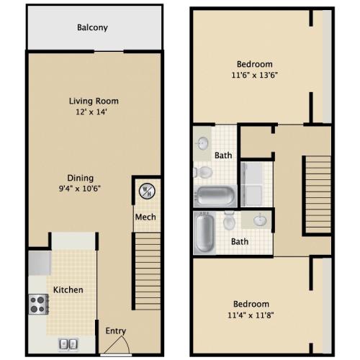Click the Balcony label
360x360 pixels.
(x=92, y=27)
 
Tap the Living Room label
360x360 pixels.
(x=94, y=101)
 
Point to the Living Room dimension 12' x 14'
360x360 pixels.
(x=91, y=112)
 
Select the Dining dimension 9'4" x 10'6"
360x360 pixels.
(x=79, y=189)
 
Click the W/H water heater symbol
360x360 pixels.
(x=147, y=192)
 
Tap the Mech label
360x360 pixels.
(x=145, y=217)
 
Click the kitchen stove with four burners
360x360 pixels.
(x=38, y=304)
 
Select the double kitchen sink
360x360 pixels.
(x=68, y=344)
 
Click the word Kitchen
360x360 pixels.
(x=68, y=290)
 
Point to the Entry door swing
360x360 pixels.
(x=117, y=345)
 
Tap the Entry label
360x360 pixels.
(x=116, y=331)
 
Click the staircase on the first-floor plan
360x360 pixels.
(x=148, y=271)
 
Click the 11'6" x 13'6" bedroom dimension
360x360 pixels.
(x=254, y=75)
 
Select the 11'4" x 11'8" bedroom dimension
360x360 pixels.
(x=251, y=315)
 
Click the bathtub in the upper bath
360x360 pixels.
(x=215, y=196)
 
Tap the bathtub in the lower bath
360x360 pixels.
(x=204, y=233)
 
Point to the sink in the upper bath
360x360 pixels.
(x=203, y=143)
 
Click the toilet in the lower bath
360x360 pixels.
(x=229, y=220)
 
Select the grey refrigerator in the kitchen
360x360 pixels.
(x=40, y=263)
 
